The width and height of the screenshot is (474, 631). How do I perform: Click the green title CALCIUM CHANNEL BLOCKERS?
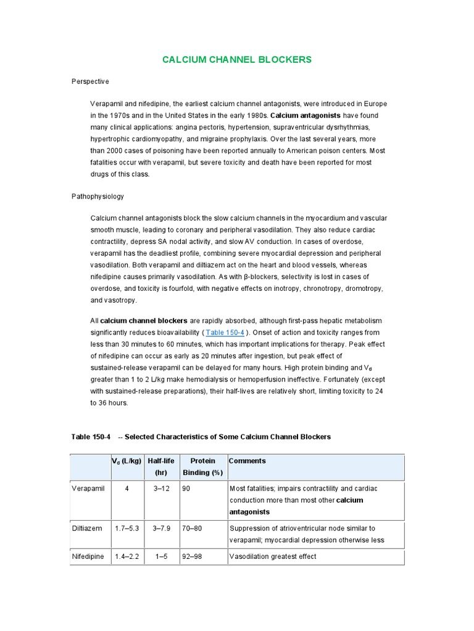click(237, 60)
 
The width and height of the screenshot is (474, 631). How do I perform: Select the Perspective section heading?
click(90, 81)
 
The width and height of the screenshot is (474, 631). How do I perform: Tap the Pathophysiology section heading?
click(98, 197)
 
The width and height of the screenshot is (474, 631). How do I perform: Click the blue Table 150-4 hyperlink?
click(224, 332)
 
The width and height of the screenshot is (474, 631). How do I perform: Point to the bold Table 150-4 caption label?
click(91, 436)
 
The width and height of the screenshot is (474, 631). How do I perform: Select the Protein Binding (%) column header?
click(202, 466)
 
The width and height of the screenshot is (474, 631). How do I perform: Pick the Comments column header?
click(247, 461)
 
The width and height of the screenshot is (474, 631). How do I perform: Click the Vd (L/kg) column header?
click(127, 461)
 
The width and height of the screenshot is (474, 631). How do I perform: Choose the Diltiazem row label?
click(88, 528)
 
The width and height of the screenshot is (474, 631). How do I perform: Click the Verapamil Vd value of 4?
click(127, 489)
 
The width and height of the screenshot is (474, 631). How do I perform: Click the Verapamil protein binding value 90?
click(187, 489)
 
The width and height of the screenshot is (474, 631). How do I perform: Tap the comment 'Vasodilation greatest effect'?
click(273, 556)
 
